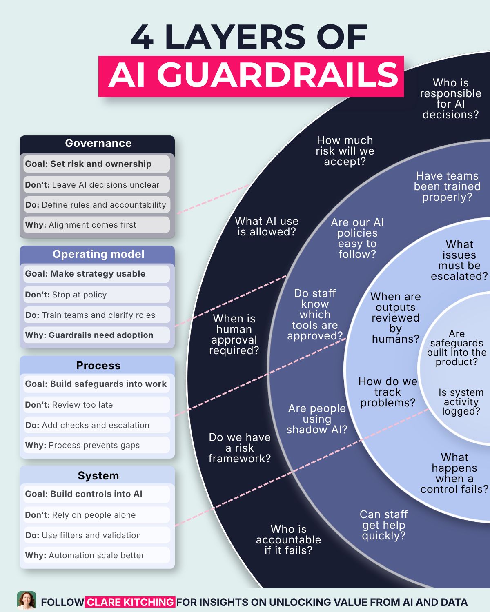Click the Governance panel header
pyautogui.click(x=98, y=143)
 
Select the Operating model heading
pyautogui.click(x=98, y=254)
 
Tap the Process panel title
pyautogui.click(x=98, y=366)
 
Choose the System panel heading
pyautogui.click(x=98, y=475)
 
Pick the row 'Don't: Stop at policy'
pyautogui.click(x=96, y=295)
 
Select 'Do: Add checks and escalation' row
pyautogui.click(x=96, y=425)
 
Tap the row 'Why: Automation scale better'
pyautogui.click(x=96, y=555)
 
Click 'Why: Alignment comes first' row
pyautogui.click(x=96, y=225)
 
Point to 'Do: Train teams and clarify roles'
pyautogui.click(x=96, y=315)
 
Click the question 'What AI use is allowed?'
pyautogui.click(x=267, y=226)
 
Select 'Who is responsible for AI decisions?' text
pyautogui.click(x=451, y=99)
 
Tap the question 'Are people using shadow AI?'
pyautogui.click(x=317, y=419)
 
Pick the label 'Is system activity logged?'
pyautogui.click(x=461, y=401)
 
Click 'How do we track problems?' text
pyautogui.click(x=388, y=392)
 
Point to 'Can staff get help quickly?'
pyautogui.click(x=384, y=525)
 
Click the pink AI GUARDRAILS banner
pyautogui.click(x=251, y=76)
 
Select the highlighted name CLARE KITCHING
pyautogui.click(x=130, y=602)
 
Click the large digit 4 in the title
pyautogui.click(x=142, y=37)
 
